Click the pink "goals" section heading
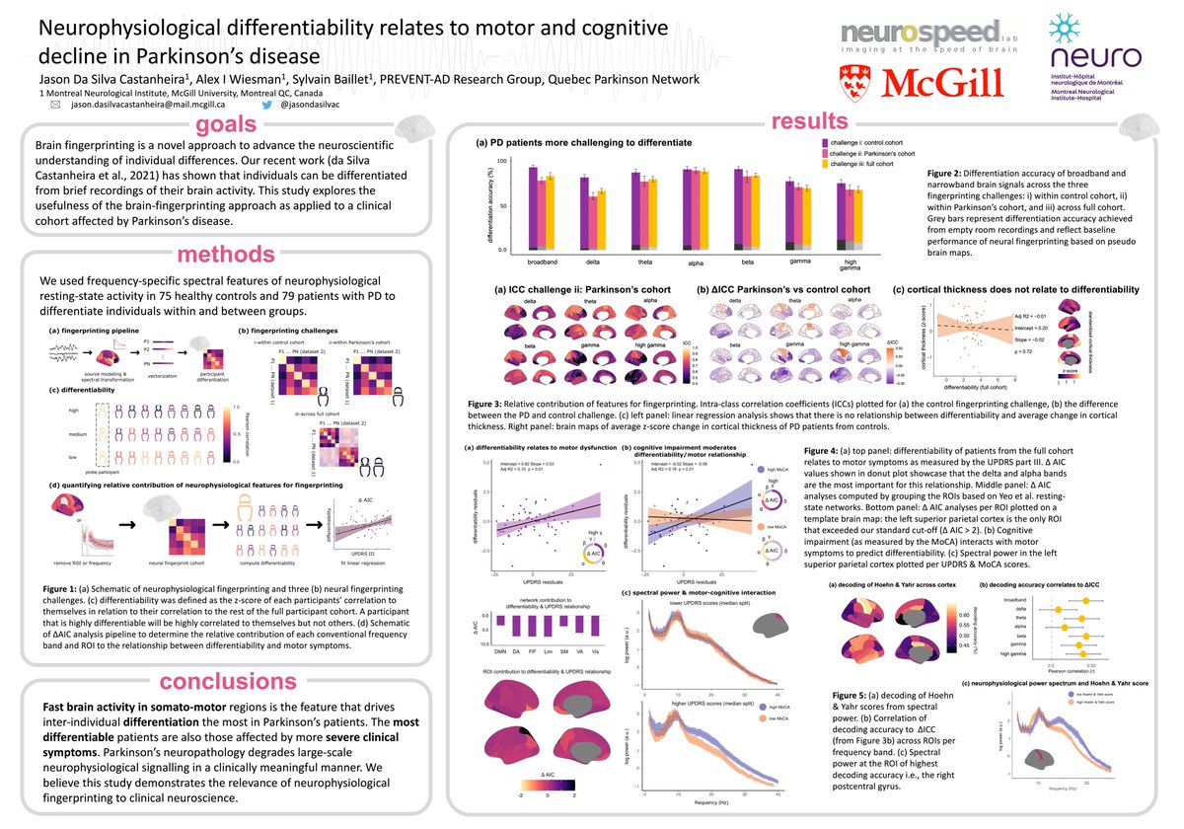(x=230, y=125)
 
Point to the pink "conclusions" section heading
(x=229, y=680)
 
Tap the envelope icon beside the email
(x=55, y=103)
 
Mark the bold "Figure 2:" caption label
(x=951, y=174)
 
